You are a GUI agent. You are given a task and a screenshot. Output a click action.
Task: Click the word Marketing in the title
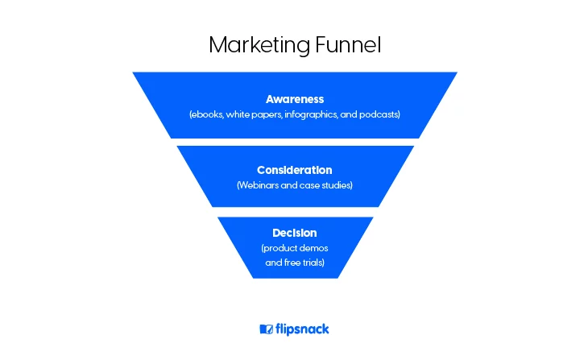[259, 45]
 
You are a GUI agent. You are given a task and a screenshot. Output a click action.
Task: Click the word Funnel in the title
[348, 44]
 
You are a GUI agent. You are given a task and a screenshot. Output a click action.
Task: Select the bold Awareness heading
[295, 99]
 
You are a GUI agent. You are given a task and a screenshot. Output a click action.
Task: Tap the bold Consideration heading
[294, 170]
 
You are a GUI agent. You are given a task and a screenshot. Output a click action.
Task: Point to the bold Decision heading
[294, 233]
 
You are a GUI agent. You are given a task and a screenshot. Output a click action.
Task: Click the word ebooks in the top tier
[207, 114]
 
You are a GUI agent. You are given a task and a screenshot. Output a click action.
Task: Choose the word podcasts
[379, 114]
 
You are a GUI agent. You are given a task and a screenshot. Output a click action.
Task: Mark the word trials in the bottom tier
[313, 263]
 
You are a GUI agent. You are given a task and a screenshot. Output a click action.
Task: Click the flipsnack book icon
[267, 329]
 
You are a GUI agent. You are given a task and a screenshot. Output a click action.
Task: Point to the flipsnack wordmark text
[302, 329]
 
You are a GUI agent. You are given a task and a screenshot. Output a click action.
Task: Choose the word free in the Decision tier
[292, 263]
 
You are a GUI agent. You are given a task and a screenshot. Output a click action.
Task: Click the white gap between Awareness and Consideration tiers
[295, 142]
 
